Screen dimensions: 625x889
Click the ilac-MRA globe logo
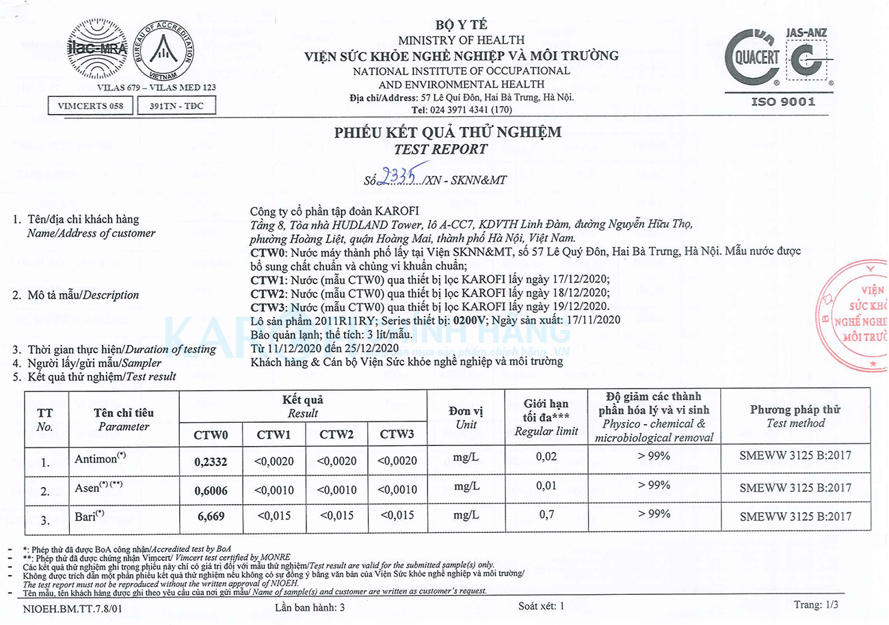[x=98, y=49]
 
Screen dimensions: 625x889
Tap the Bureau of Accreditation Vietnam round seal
[x=164, y=50]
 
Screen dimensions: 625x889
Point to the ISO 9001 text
[x=783, y=102]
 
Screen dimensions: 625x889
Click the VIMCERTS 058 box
[x=91, y=106]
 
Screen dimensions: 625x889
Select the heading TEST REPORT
[x=441, y=150]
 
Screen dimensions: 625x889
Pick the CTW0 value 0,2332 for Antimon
[x=211, y=462]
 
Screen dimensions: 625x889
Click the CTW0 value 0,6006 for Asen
[x=211, y=490]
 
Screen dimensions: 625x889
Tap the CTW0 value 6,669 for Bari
[x=211, y=516]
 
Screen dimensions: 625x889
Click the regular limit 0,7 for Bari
[x=546, y=514]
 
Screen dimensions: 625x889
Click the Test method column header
[x=795, y=417]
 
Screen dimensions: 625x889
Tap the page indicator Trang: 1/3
[x=815, y=605]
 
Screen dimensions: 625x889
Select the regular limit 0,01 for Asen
[x=546, y=486]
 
